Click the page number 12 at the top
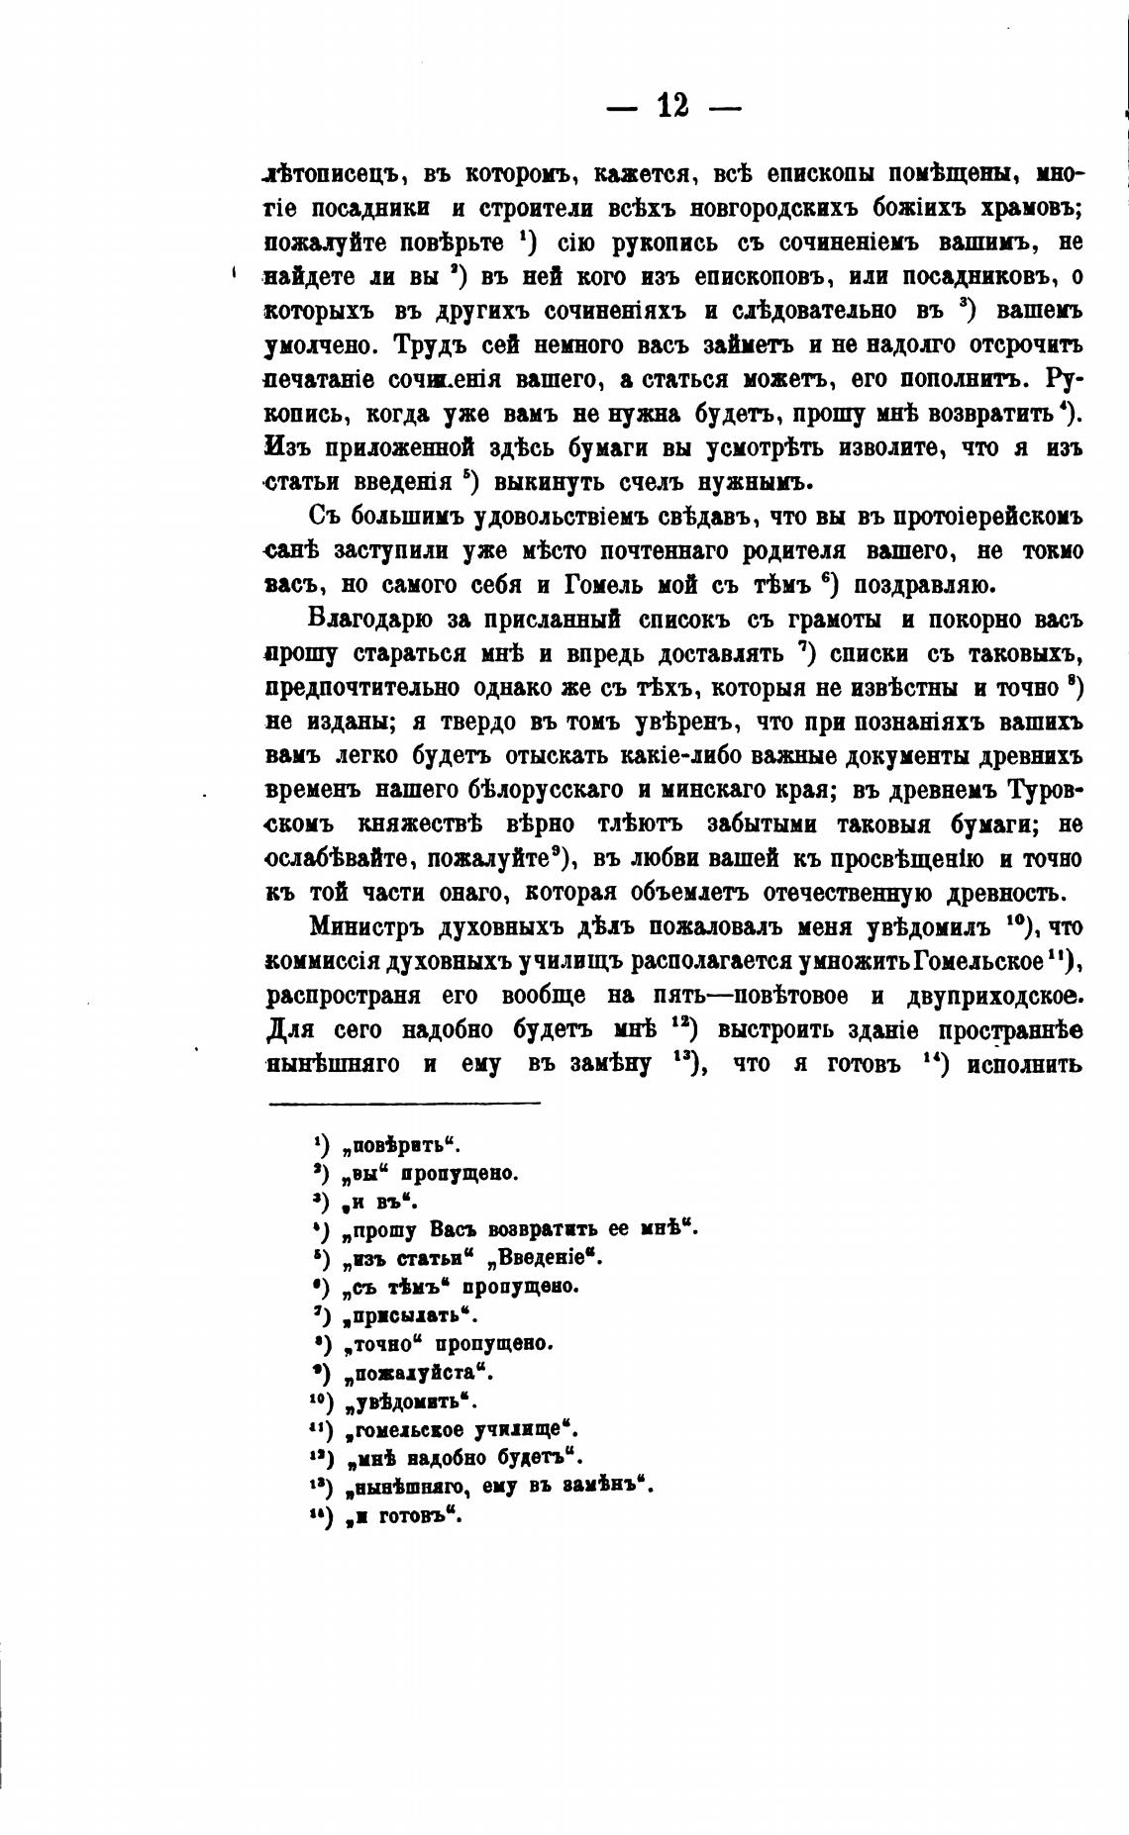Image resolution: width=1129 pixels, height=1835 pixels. (x=672, y=106)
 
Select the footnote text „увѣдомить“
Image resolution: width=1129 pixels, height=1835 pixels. (x=410, y=1401)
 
